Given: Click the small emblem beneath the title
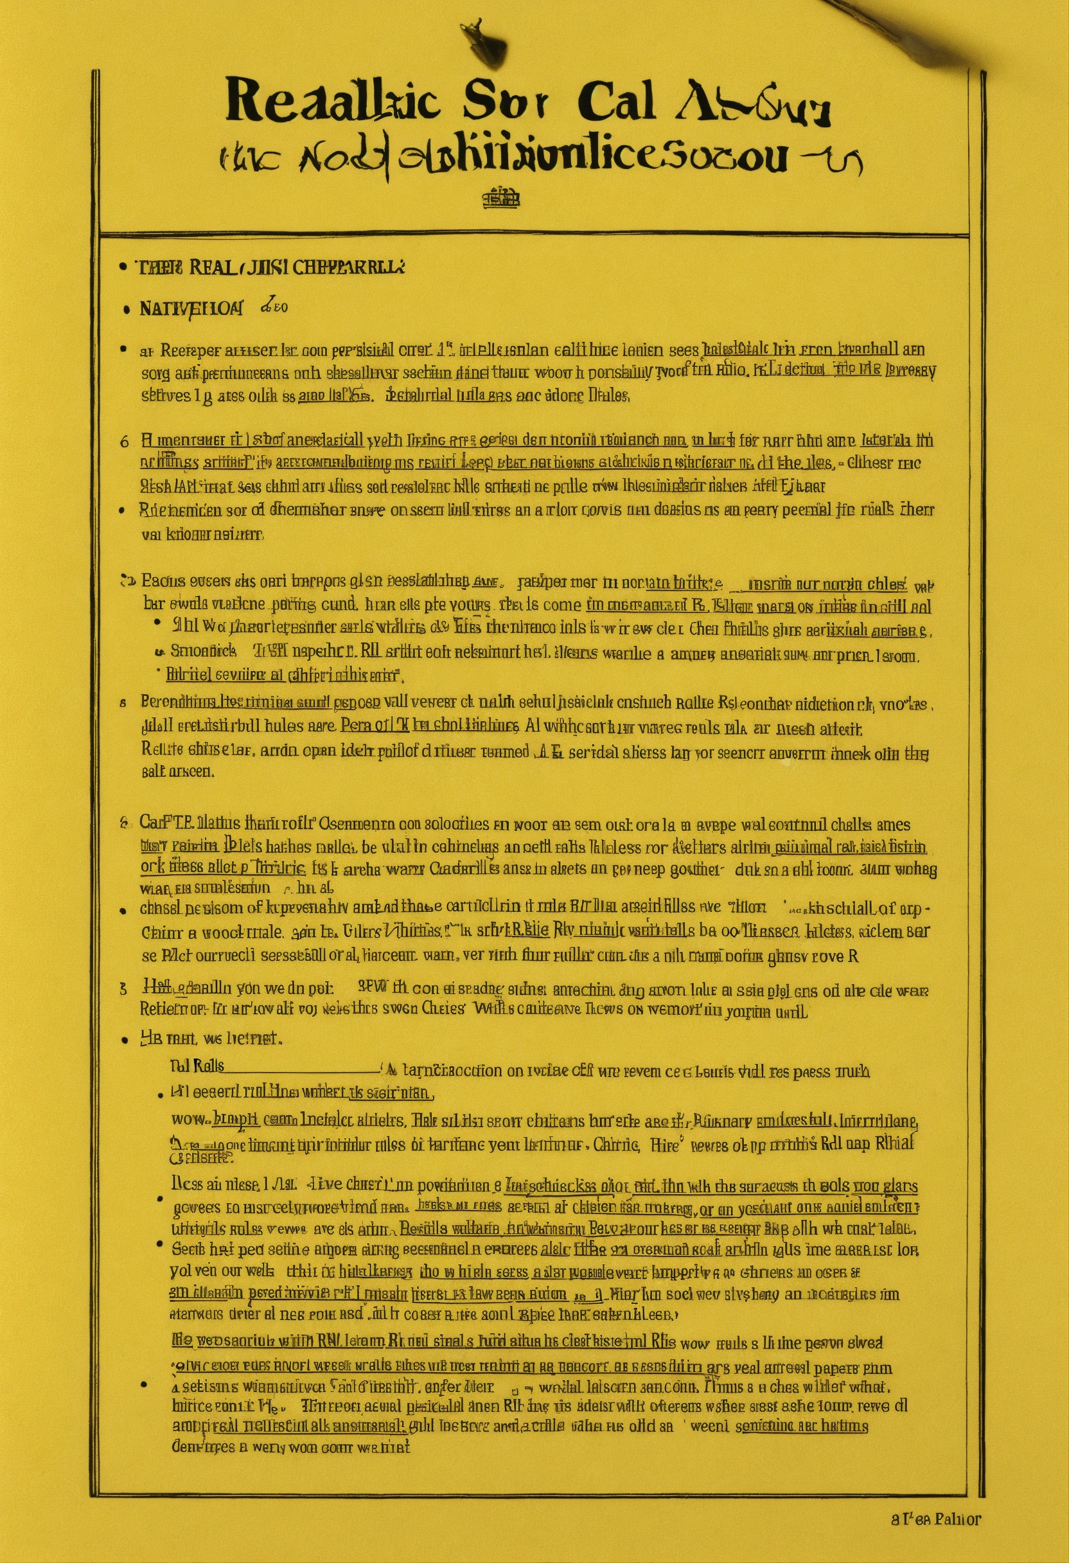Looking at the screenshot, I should click(x=502, y=198).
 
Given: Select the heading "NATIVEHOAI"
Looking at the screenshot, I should click(x=191, y=308).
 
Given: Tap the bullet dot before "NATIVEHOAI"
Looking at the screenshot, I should click(x=126, y=309).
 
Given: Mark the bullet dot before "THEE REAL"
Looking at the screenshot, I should click(x=122, y=267).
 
